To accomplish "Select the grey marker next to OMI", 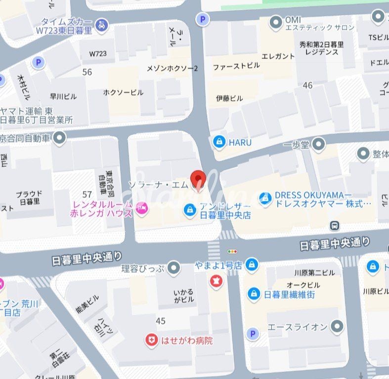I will [275, 23].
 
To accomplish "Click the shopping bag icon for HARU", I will [218, 142].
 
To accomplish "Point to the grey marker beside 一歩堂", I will [319, 144].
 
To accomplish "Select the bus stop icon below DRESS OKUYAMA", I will [336, 225].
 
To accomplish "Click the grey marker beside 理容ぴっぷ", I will [173, 268].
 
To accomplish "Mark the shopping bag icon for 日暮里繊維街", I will [254, 294].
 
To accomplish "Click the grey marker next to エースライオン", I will [337, 327].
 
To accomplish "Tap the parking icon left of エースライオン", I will [253, 334].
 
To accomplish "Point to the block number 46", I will [307, 86].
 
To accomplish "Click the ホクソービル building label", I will [123, 93].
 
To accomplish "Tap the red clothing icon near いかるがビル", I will [216, 282].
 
